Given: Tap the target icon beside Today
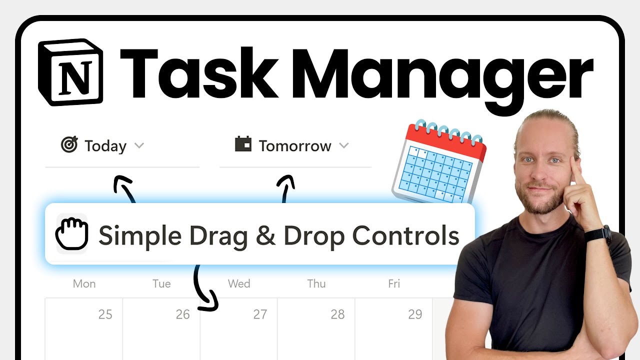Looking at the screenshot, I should point(69,145).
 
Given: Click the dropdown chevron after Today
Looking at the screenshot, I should point(139,145).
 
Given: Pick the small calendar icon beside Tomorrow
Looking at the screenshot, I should point(243,144).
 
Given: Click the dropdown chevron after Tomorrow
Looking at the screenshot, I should point(343,145).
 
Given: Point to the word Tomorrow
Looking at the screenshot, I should point(295,146).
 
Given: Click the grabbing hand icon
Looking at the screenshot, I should point(71,233).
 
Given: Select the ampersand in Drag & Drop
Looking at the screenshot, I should point(265,235).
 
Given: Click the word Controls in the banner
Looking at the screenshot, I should point(405,235).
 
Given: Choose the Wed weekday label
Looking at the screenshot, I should point(239,283).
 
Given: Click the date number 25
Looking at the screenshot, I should point(105,314).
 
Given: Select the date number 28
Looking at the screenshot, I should point(337,314).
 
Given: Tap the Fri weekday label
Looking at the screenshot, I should point(394,283).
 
